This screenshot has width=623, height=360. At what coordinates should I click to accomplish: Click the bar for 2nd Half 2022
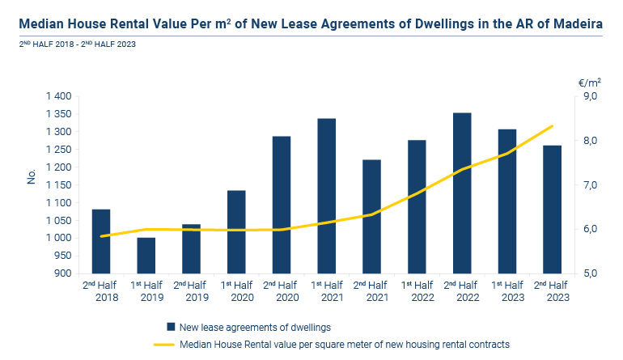[x=462, y=193]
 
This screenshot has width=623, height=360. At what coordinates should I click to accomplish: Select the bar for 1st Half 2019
[x=146, y=256]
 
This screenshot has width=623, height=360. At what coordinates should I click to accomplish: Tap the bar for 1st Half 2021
[x=327, y=196]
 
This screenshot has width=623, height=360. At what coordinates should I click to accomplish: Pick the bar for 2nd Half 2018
[x=101, y=241]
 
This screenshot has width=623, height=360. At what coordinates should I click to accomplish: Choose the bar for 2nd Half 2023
[x=553, y=210]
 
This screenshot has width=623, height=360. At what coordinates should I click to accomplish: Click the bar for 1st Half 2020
[x=236, y=232]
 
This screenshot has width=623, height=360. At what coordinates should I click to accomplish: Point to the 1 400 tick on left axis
[x=59, y=96]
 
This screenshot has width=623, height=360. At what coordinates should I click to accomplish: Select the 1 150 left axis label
[x=59, y=184]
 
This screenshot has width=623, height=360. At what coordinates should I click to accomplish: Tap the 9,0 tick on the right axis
[x=591, y=96]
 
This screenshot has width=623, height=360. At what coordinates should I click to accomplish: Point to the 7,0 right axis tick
[x=591, y=184]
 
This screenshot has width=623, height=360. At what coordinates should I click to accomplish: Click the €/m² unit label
[x=590, y=83]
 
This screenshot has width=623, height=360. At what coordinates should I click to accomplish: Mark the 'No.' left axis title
[x=32, y=176]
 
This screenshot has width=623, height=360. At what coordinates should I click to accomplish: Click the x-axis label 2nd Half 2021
[x=371, y=291]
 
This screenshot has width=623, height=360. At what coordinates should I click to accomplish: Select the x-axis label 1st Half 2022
[x=417, y=291]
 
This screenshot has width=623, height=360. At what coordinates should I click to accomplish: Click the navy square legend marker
[x=171, y=327]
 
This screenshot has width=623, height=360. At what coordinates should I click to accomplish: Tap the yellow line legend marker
[x=164, y=345]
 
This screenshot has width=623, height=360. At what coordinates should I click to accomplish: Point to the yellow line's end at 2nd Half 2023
[x=553, y=126]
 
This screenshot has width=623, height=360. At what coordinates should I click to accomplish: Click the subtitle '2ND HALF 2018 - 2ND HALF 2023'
[x=78, y=44]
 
